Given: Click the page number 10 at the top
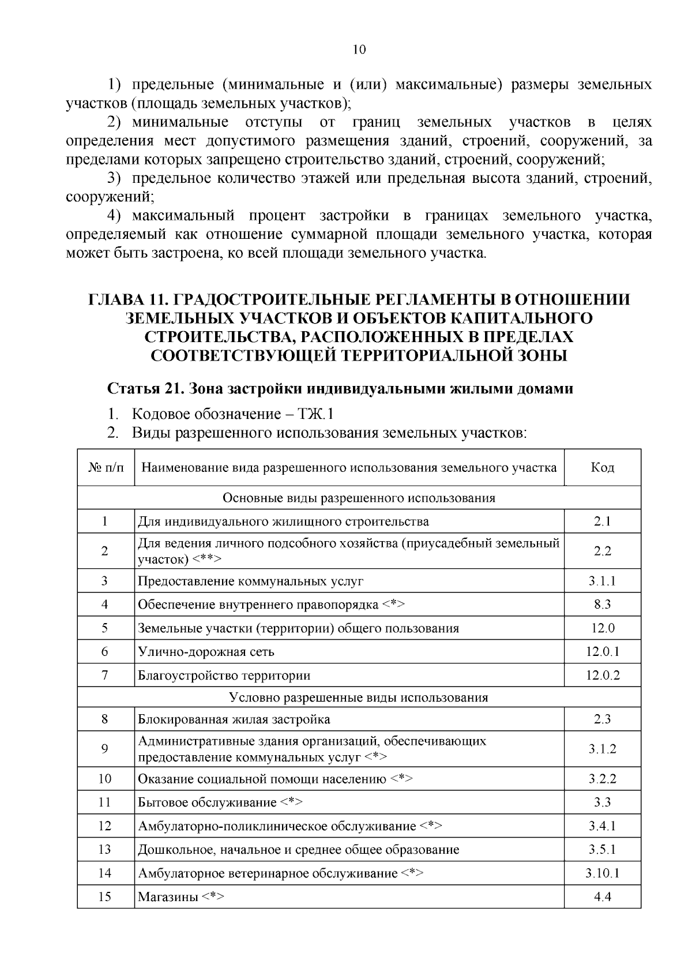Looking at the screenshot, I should tap(359, 50).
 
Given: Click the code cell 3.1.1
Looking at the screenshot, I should tap(602, 581).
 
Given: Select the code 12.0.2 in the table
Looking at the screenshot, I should tap(602, 675).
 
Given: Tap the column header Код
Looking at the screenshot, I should tap(602, 467).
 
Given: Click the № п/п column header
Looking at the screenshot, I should tap(106, 467).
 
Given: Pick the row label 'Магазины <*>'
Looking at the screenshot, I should tap(181, 897).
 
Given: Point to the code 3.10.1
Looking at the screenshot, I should tap(602, 873).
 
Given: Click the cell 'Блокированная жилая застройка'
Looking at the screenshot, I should tap(234, 719).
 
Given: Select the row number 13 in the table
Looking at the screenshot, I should tap(104, 849).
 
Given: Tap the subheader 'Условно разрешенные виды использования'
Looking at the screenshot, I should tap(359, 697).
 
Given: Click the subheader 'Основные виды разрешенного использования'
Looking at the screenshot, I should tap(359, 498).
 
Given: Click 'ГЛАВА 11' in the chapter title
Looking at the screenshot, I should tap(127, 300).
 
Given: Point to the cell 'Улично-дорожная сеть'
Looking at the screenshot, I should tap(206, 652).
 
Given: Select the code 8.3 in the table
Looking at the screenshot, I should tap(602, 605).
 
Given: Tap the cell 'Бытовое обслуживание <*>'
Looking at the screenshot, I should tap(220, 802).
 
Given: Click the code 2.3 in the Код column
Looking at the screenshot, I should tap(602, 719).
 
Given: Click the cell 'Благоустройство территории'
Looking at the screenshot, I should tap(224, 676).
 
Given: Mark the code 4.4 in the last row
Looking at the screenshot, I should tap(602, 897).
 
